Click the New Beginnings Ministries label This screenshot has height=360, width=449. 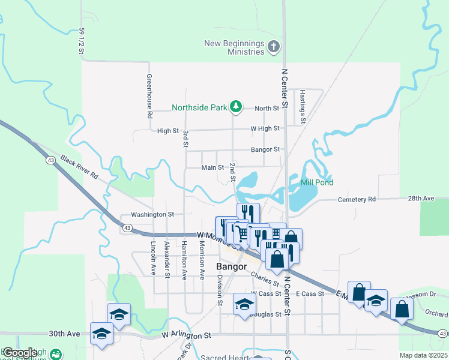[x=234, y=47]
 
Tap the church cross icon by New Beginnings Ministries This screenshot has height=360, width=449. [x=274, y=47]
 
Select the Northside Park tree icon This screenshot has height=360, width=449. [x=237, y=107]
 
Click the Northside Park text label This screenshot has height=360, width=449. [x=199, y=108]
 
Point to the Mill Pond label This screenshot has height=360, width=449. [x=316, y=182]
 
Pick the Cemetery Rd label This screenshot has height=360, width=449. [x=357, y=199]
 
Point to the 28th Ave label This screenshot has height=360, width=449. [x=420, y=198]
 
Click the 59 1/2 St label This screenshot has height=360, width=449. [x=81, y=40]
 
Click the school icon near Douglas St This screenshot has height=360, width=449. [x=244, y=304]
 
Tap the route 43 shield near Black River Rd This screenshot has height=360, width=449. [x=50, y=160]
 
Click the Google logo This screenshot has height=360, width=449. [x=19, y=353]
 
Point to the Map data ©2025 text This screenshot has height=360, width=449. [x=423, y=355]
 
